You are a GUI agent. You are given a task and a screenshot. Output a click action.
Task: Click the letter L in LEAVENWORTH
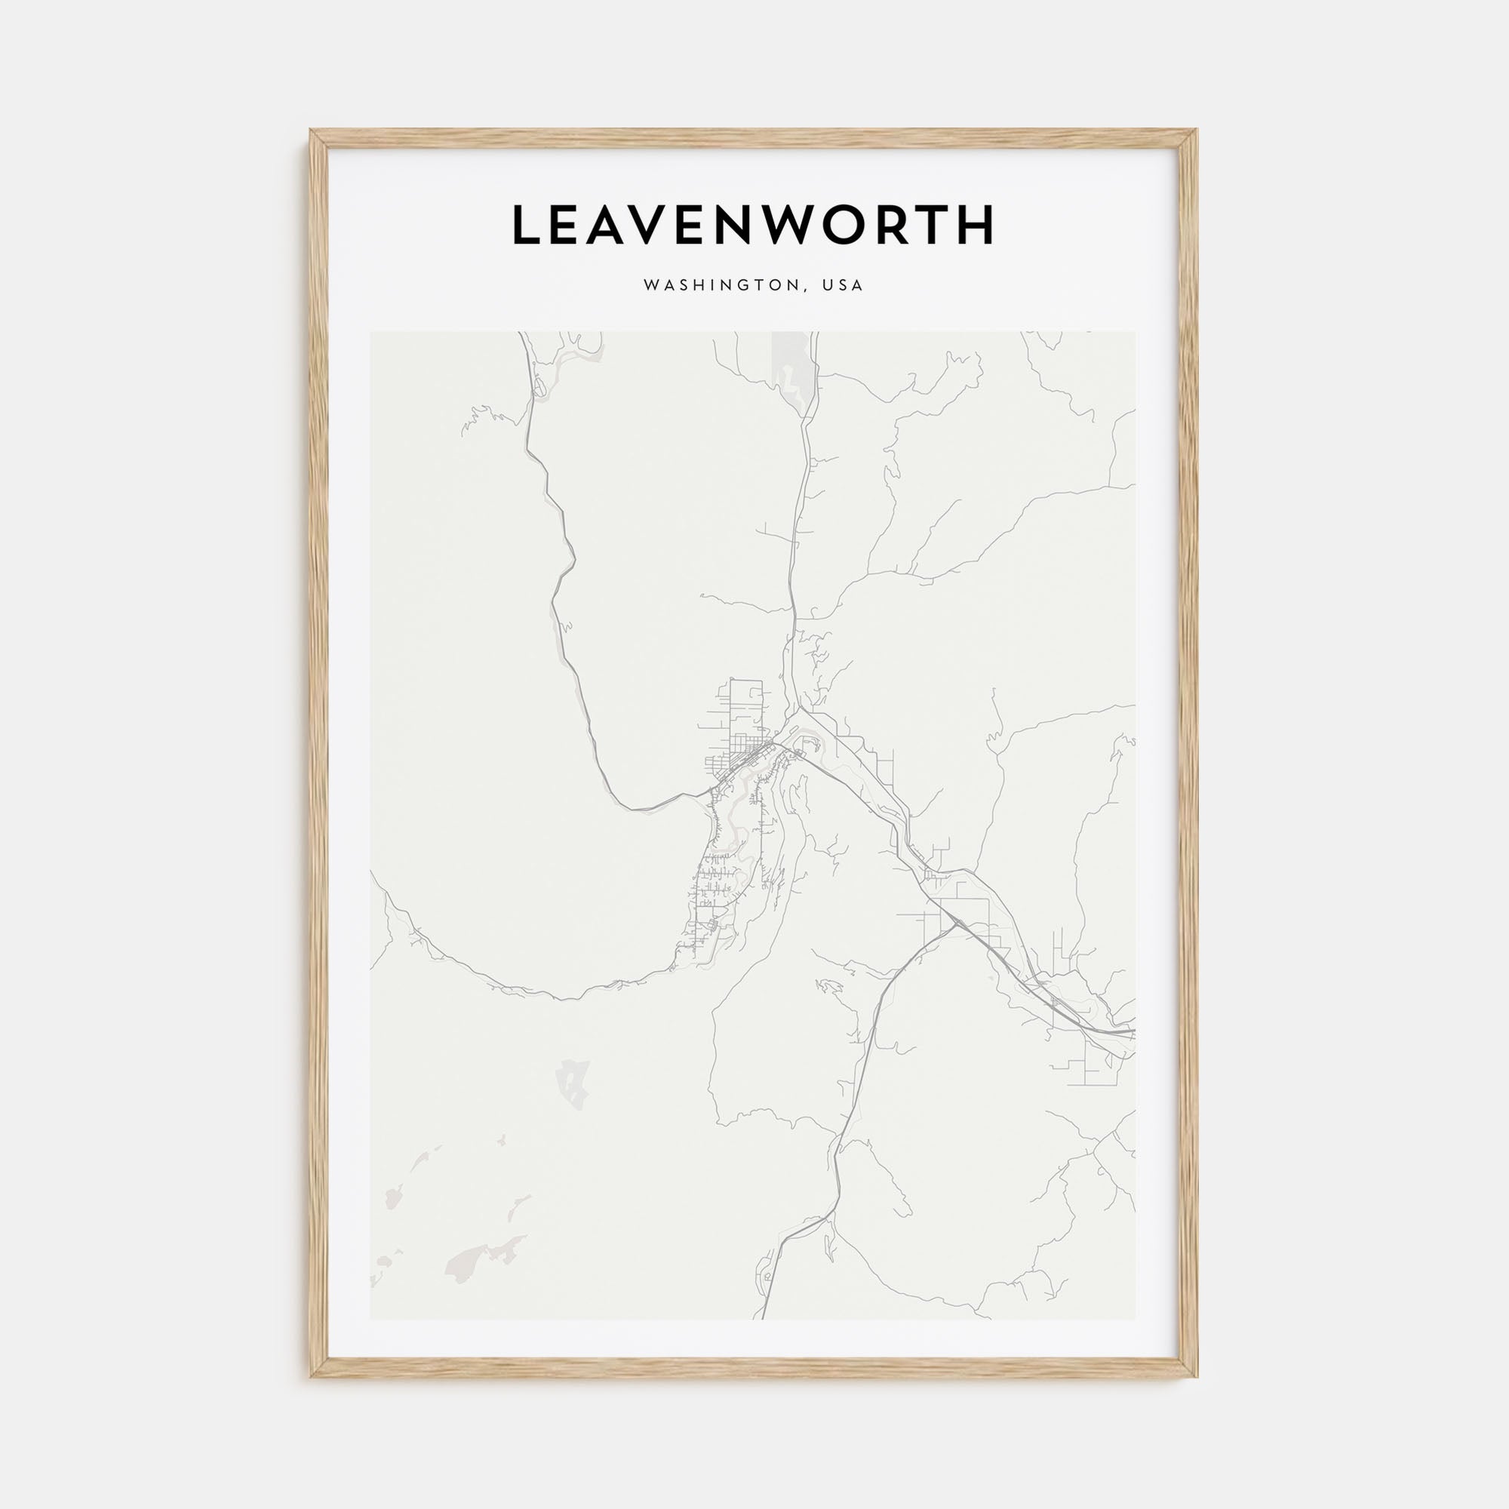click(529, 225)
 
